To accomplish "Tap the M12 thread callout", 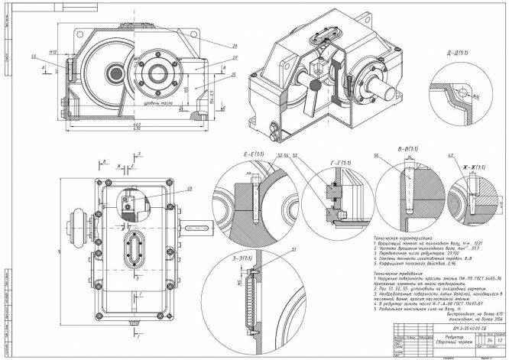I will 53,53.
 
